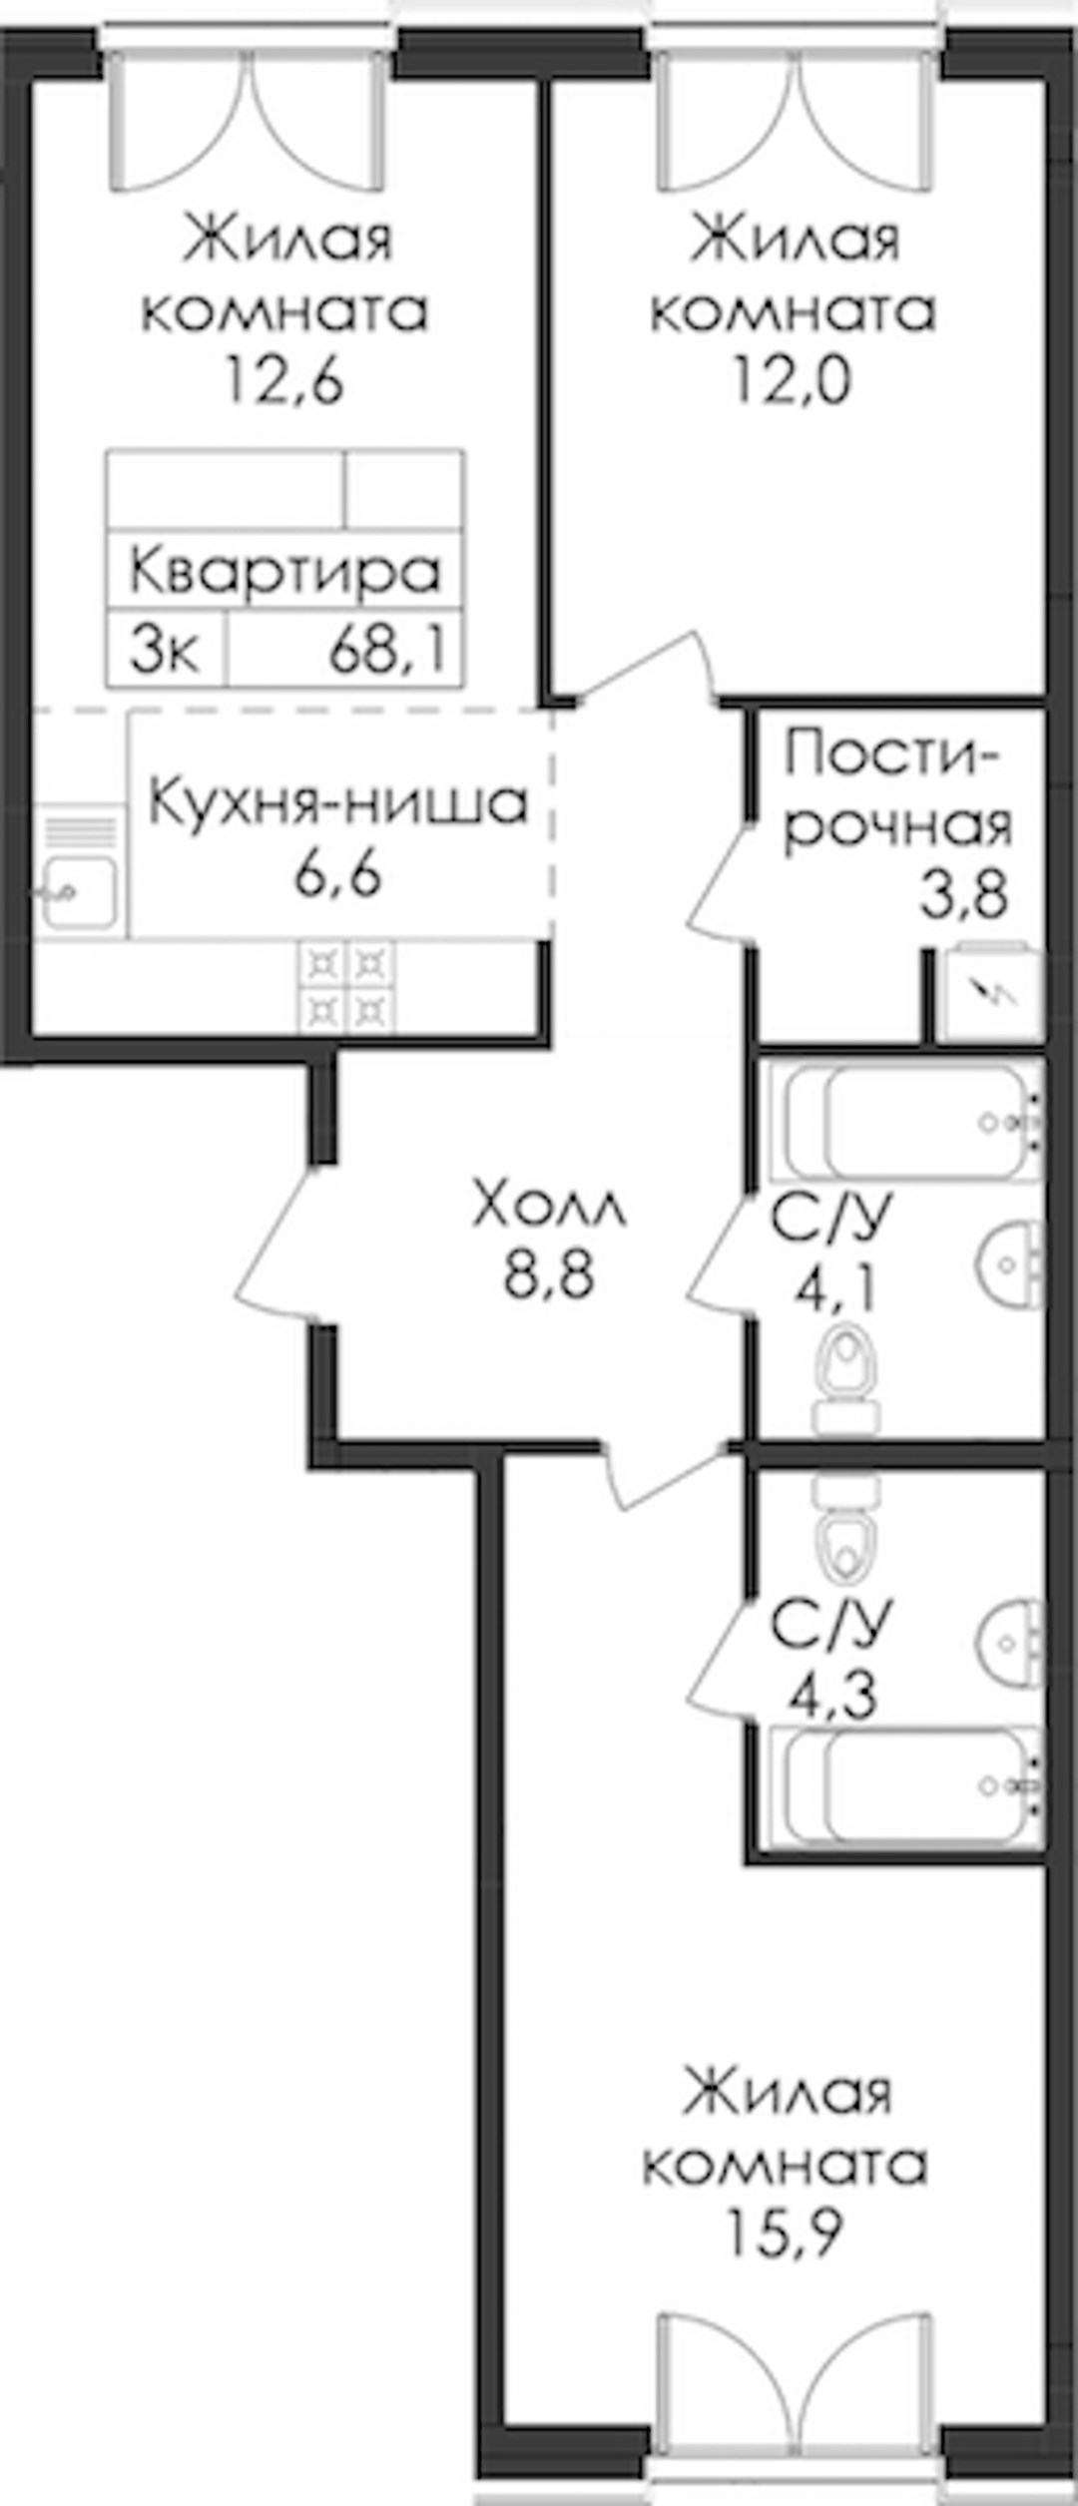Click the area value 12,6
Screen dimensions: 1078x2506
coord(284,380)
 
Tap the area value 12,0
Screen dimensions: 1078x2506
coord(793,380)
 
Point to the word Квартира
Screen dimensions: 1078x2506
coord(284,573)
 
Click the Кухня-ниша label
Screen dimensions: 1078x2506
coord(337,804)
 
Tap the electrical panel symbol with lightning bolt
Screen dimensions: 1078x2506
coord(991,993)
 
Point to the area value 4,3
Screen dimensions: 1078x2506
coord(833,1693)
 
